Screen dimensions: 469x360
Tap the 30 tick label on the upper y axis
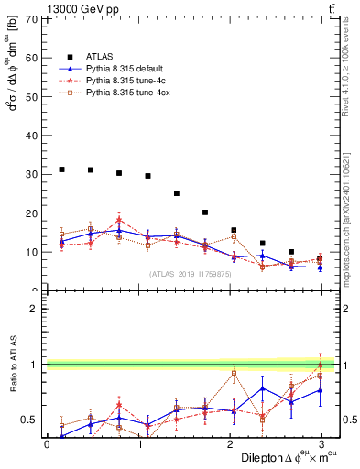[33, 174]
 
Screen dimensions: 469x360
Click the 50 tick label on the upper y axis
[33, 97]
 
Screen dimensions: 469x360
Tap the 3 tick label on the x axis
[320, 444]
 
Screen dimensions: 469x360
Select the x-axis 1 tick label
[138, 444]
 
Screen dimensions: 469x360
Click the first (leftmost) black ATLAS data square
[61, 169]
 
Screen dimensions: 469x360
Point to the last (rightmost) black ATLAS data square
[319, 258]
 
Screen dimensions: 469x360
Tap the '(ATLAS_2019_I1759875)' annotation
[190, 274]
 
